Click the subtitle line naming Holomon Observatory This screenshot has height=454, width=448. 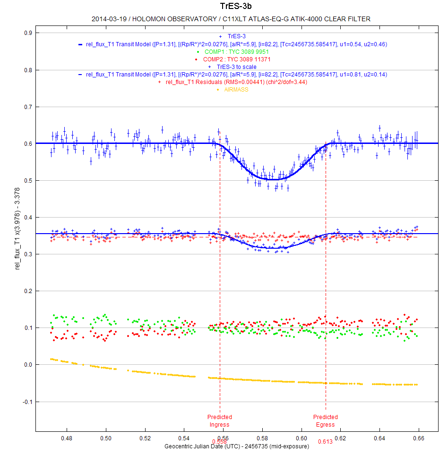pyautogui.click(x=231, y=19)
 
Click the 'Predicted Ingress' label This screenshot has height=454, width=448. pyautogui.click(x=220, y=420)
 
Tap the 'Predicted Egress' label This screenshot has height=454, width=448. pyautogui.click(x=326, y=420)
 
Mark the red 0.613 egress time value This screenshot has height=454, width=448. pyautogui.click(x=325, y=442)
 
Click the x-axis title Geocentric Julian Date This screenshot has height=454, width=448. pyautogui.click(x=236, y=446)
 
